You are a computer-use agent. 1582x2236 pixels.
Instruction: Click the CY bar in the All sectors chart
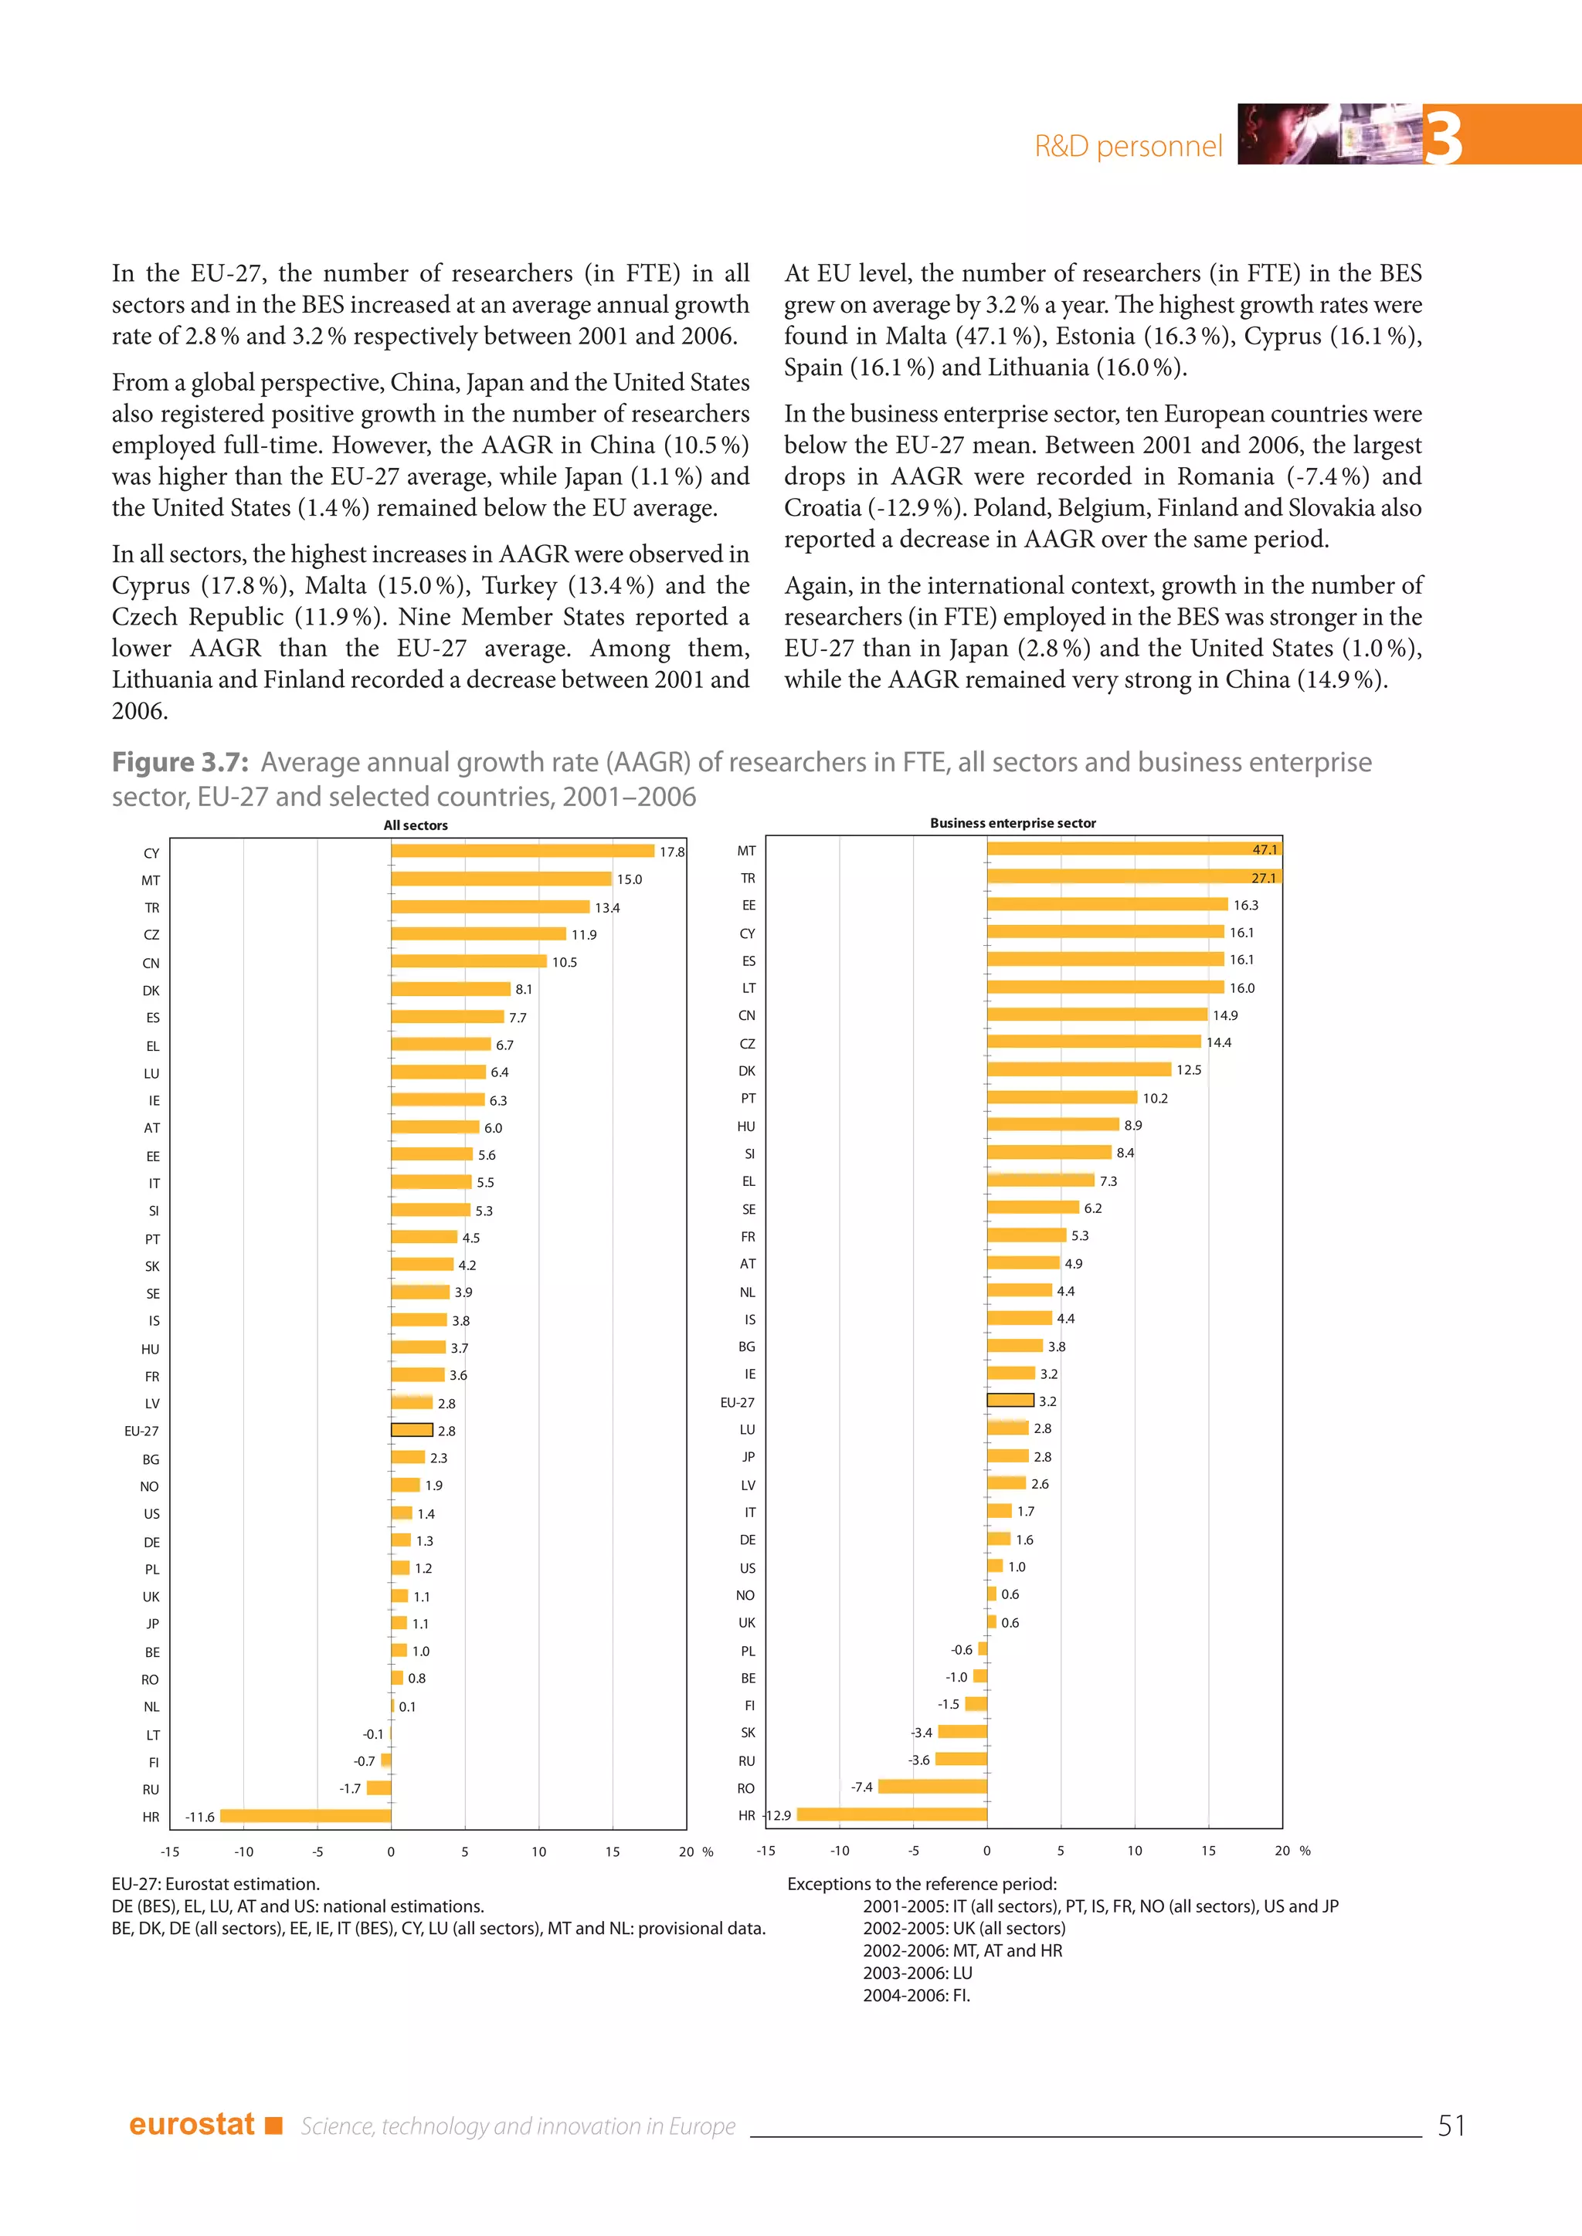(x=522, y=851)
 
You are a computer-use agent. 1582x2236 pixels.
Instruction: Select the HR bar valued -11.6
(x=305, y=1816)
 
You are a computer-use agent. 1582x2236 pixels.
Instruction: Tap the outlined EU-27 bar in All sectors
(x=412, y=1431)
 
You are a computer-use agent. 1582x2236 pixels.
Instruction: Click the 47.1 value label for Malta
(x=1264, y=849)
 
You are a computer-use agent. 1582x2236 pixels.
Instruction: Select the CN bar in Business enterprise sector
(x=1097, y=1015)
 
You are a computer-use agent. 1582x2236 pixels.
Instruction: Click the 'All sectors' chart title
(x=416, y=825)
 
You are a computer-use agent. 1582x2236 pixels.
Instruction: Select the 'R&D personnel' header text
(x=1127, y=146)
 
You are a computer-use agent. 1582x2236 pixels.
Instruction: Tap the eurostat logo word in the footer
(x=191, y=2124)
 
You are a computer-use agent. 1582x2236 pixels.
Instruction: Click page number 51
(x=1451, y=2125)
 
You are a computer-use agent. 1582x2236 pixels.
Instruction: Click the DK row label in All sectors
(x=151, y=991)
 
